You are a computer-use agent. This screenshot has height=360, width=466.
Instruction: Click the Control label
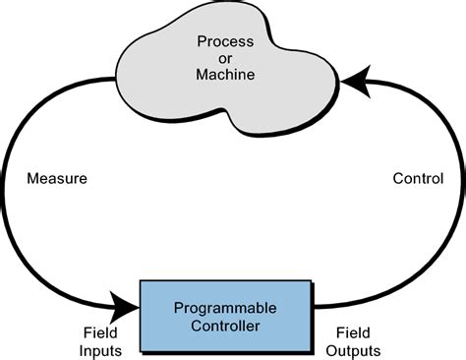point(418,179)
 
